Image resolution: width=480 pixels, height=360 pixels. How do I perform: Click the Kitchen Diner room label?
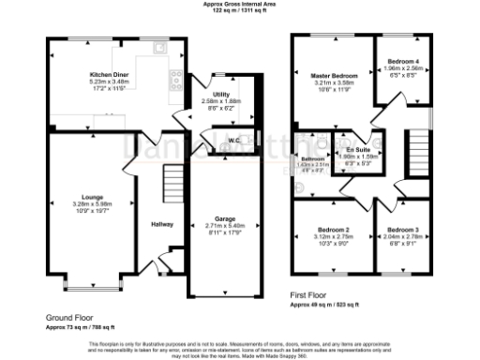[x=109, y=74]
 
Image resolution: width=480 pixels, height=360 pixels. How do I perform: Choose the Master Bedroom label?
[x=329, y=76]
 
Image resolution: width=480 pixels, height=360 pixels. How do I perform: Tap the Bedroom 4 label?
[x=403, y=61]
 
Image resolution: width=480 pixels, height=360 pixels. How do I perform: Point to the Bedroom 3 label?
[x=402, y=230]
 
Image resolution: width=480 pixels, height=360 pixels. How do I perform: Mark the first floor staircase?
[x=417, y=149]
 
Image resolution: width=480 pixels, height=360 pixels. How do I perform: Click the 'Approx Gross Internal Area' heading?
[x=240, y=4]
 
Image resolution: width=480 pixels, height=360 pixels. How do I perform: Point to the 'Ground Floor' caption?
[x=67, y=318]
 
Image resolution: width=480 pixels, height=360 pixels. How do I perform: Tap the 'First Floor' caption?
[x=310, y=295]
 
